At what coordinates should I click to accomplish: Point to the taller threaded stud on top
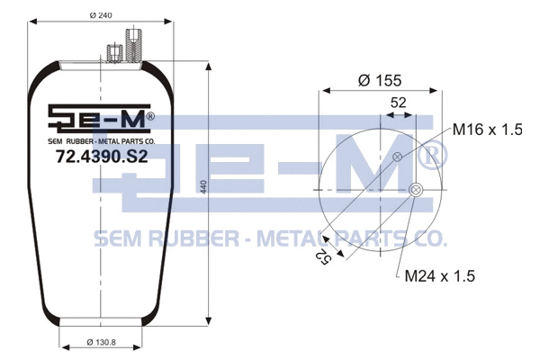[x=134, y=44]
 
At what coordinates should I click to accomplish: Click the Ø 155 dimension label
[x=379, y=80]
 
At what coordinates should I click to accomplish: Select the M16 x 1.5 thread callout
[x=487, y=130]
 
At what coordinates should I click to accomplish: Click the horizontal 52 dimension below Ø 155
[x=397, y=103]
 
